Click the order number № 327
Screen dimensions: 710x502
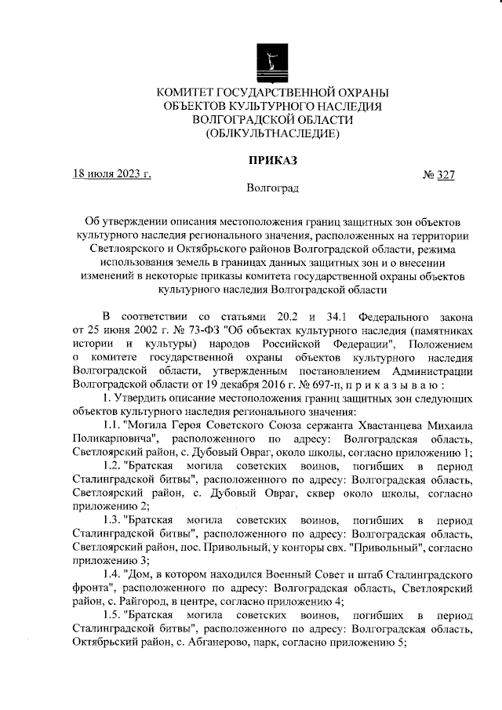[439, 174]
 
